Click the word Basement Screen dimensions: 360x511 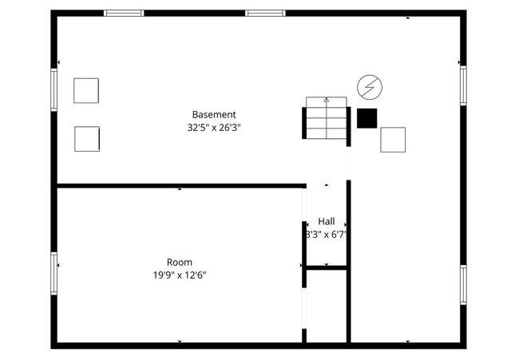click(214, 114)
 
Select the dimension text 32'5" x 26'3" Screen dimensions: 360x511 click(214, 127)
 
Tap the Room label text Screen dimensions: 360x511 click(179, 262)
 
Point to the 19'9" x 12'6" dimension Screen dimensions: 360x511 click(179, 275)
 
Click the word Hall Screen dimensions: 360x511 click(327, 221)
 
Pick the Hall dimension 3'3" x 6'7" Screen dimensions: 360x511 click(327, 235)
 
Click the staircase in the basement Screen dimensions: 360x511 click(326, 121)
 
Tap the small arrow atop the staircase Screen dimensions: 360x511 click(327, 101)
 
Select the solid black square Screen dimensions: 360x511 click(366, 118)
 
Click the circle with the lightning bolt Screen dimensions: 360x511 click(369, 85)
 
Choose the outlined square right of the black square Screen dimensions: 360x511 click(393, 140)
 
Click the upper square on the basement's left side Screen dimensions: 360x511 click(86, 90)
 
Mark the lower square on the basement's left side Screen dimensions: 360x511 click(86, 139)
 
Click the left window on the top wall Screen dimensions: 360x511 click(125, 14)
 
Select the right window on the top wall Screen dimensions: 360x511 click(265, 14)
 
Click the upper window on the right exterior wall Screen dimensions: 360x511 click(462, 85)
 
